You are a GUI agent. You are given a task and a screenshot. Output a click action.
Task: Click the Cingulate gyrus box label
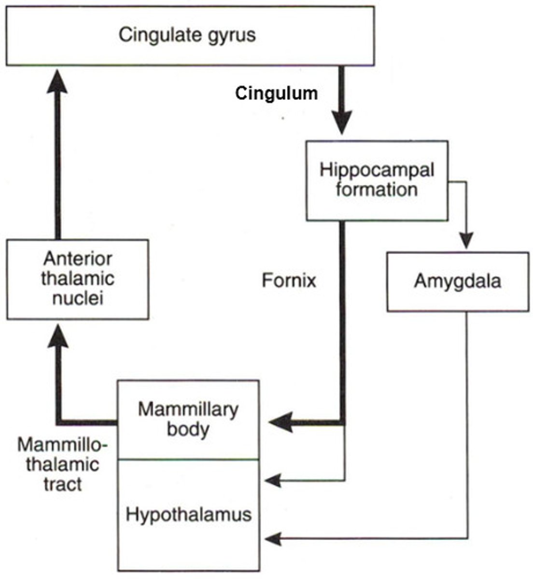pyautogui.click(x=187, y=35)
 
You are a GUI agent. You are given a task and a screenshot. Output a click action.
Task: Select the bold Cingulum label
pyautogui.click(x=276, y=94)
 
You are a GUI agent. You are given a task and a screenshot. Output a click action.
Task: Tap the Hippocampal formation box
pyautogui.click(x=377, y=180)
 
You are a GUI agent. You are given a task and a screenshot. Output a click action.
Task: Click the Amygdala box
pyautogui.click(x=457, y=281)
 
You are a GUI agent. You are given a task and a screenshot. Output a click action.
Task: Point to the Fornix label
pyautogui.click(x=289, y=280)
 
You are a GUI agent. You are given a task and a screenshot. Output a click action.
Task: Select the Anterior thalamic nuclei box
pyautogui.click(x=77, y=278)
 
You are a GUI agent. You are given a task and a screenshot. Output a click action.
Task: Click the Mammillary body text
pyautogui.click(x=188, y=419)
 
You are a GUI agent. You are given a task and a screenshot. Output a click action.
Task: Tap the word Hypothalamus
pyautogui.click(x=188, y=514)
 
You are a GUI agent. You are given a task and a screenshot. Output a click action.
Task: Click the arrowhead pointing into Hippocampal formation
pyautogui.click(x=342, y=123)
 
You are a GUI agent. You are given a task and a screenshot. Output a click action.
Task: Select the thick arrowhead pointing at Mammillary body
pyautogui.click(x=280, y=423)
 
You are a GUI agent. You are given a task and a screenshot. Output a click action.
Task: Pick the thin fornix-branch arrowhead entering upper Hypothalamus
pyautogui.click(x=273, y=480)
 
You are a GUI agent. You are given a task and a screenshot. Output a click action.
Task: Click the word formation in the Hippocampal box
pyautogui.click(x=377, y=190)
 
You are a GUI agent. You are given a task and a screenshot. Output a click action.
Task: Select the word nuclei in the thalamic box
pyautogui.click(x=77, y=298)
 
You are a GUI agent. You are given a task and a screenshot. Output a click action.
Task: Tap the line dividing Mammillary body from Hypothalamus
pyautogui.click(x=188, y=459)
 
